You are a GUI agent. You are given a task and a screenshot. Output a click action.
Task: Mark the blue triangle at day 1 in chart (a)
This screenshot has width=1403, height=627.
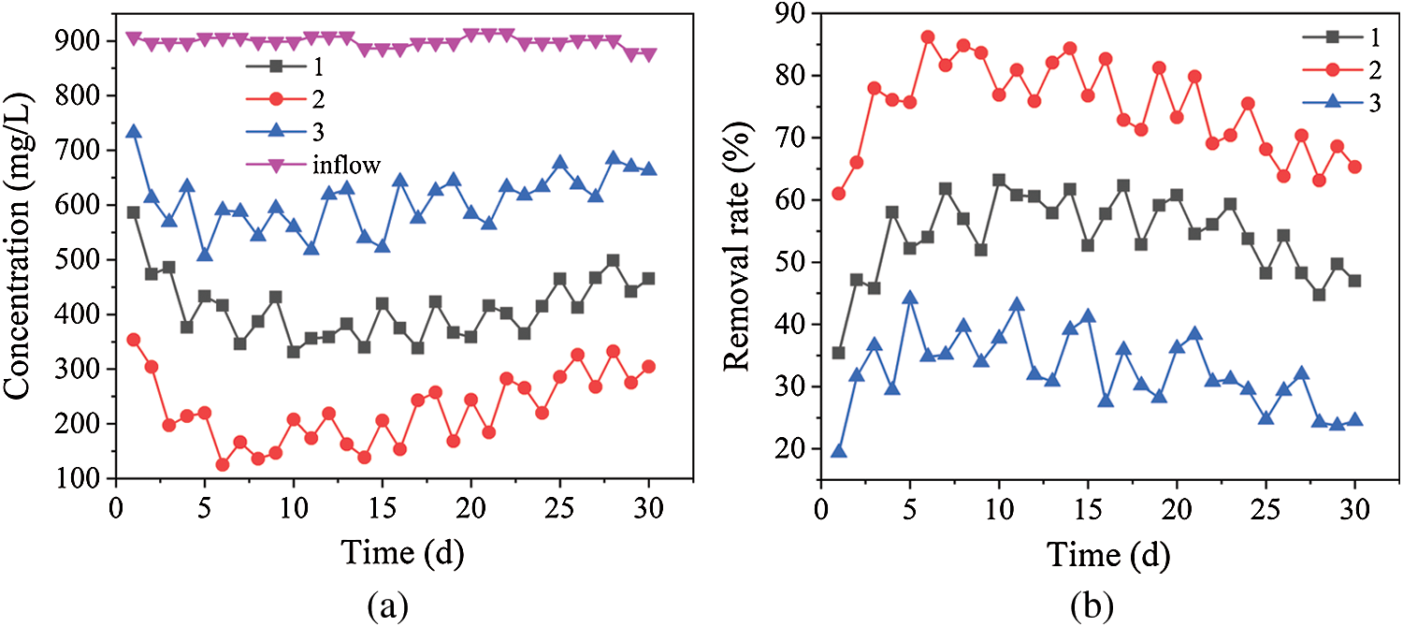click(134, 132)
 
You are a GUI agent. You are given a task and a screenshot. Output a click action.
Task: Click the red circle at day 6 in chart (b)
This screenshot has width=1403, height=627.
click(928, 37)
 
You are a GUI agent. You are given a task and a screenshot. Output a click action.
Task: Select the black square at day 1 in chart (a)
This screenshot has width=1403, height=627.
click(134, 212)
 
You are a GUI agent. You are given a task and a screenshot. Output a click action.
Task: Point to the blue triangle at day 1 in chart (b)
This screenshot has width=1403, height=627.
click(839, 451)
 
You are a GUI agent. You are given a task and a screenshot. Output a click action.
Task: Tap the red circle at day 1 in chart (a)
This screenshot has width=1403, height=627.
click(134, 340)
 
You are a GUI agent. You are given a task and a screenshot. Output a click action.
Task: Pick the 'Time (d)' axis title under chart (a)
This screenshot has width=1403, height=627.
click(402, 554)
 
